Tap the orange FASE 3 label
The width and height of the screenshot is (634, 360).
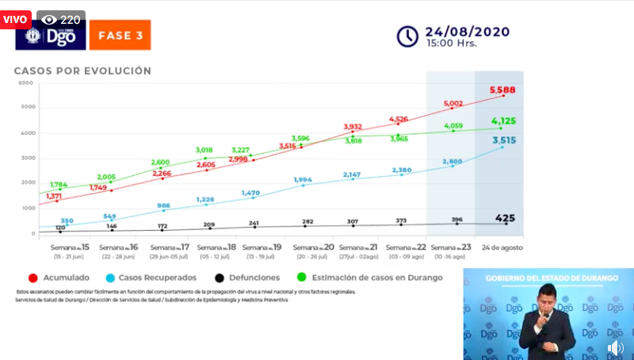tap(120, 36)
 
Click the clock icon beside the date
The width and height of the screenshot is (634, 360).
tap(407, 36)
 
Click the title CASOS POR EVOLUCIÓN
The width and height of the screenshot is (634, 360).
tap(82, 71)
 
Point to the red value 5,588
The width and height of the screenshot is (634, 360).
tap(502, 90)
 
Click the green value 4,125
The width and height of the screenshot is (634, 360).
tap(504, 121)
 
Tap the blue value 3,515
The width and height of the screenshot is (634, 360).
tap(505, 140)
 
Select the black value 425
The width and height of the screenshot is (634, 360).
tap(506, 217)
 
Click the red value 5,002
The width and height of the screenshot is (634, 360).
tap(453, 103)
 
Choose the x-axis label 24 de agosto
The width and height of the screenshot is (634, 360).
tap(501, 247)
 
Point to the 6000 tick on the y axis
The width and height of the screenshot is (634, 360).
tap(26, 82)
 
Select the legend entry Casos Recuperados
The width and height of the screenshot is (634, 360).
tap(155, 278)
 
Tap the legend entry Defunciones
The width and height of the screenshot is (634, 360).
tap(247, 278)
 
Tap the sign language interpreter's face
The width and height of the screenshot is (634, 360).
tap(546, 302)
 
